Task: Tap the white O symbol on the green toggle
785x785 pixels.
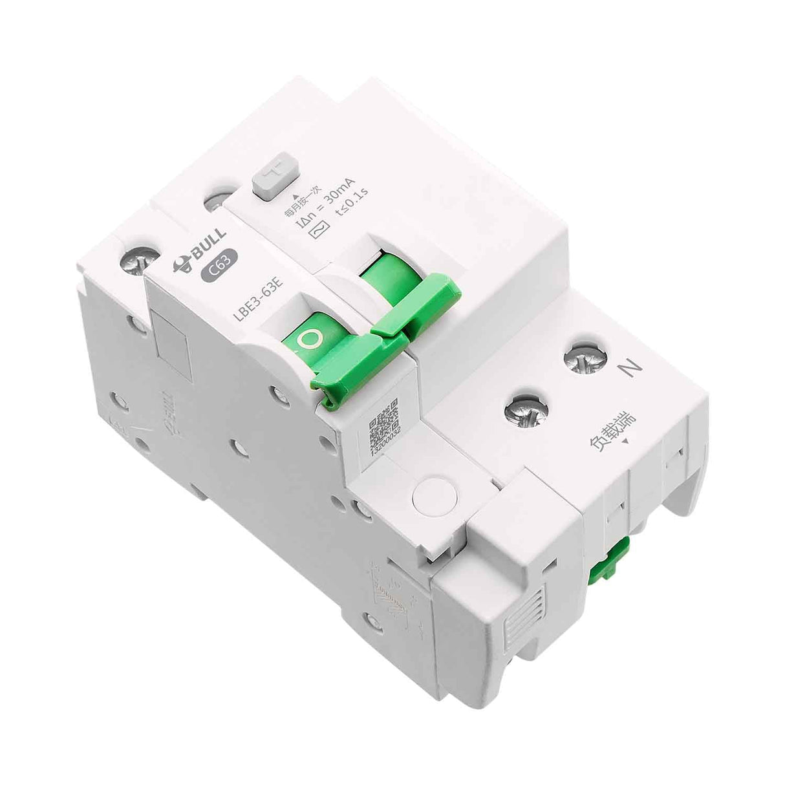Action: click(308, 338)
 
